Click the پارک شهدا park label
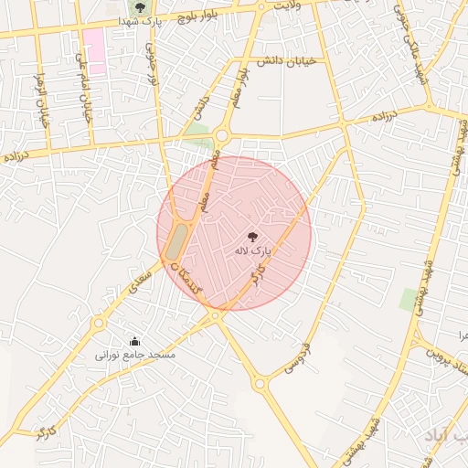click(x=165, y=21)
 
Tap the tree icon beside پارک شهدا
click(x=140, y=7)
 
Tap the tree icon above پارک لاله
click(x=253, y=235)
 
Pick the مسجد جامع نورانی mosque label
click(x=136, y=354)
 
